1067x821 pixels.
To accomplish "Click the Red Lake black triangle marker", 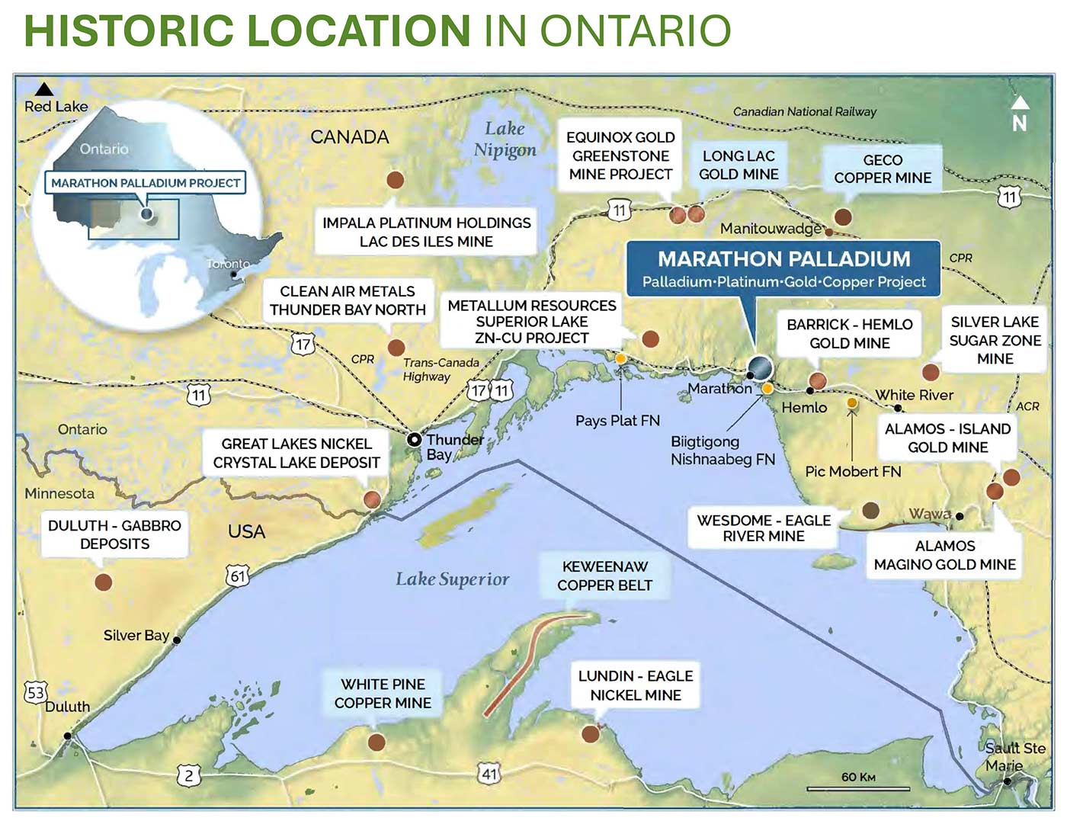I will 44,89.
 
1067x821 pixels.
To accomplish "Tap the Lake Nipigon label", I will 505,139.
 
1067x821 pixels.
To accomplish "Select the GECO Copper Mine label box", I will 882,169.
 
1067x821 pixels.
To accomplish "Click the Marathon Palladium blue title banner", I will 783,268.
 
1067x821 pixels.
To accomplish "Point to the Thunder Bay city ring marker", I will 414,440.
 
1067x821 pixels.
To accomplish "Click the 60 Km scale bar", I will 858,787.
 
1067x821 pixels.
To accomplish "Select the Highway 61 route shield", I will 238,576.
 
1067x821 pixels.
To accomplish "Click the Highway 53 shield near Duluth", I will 36,692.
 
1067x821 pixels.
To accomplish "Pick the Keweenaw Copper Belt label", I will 604,576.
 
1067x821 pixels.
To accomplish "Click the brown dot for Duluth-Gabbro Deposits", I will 104,582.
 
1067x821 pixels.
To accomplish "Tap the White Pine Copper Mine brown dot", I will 376,742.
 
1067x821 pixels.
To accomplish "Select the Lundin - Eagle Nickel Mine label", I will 636,685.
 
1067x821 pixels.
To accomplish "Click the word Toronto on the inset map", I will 228,264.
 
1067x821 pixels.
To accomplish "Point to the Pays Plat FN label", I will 617,420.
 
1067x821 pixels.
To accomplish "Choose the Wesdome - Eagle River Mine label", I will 763,528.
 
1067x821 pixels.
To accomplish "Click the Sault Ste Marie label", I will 1014,756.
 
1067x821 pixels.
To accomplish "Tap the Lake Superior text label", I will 452,579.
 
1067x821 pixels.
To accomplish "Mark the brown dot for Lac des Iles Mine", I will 395,180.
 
